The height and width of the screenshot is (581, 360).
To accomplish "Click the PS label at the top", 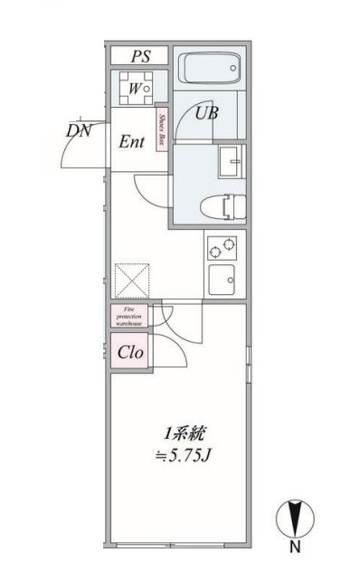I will click(139, 56).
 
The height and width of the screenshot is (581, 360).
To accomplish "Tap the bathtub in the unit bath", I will click(207, 68).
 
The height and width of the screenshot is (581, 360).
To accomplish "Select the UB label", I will click(207, 115).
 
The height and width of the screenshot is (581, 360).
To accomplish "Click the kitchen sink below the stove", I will click(223, 280).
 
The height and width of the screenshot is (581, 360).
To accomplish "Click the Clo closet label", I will click(129, 352).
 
